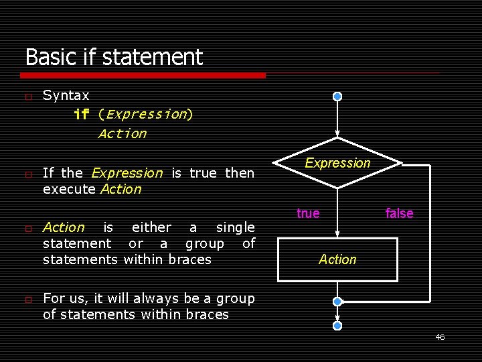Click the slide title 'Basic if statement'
click(114, 57)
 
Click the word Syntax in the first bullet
click(66, 96)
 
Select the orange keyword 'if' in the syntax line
click(81, 115)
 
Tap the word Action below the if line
click(122, 134)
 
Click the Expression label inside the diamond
click(337, 163)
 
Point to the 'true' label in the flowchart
click(308, 213)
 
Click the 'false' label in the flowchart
click(399, 213)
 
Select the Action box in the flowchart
click(337, 259)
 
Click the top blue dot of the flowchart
click(337, 97)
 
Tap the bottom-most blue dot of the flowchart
click(337, 325)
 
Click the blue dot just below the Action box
click(337, 302)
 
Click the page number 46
click(440, 337)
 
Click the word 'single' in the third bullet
click(235, 227)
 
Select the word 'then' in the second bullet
click(240, 173)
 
